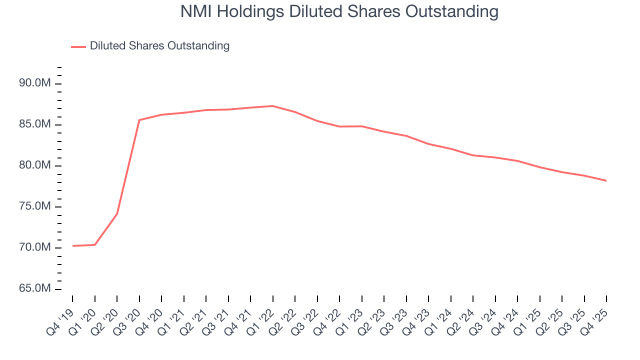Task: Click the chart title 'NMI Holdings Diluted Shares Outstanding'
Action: pos(339,12)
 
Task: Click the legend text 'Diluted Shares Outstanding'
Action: pos(159,46)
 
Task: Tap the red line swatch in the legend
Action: pos(78,46)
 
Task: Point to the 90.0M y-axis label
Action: pos(35,83)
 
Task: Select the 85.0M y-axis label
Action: pos(35,124)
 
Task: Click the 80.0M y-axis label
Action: pos(35,165)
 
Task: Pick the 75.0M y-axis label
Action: pos(35,206)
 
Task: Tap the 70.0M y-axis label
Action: pos(35,248)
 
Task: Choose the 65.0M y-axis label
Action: pos(35,289)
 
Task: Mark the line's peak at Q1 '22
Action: pos(272,106)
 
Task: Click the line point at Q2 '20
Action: pos(117,213)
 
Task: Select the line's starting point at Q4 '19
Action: pos(72,246)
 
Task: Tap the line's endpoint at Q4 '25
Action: pos(606,180)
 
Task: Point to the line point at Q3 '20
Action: pos(139,120)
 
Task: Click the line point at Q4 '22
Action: pos(339,126)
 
